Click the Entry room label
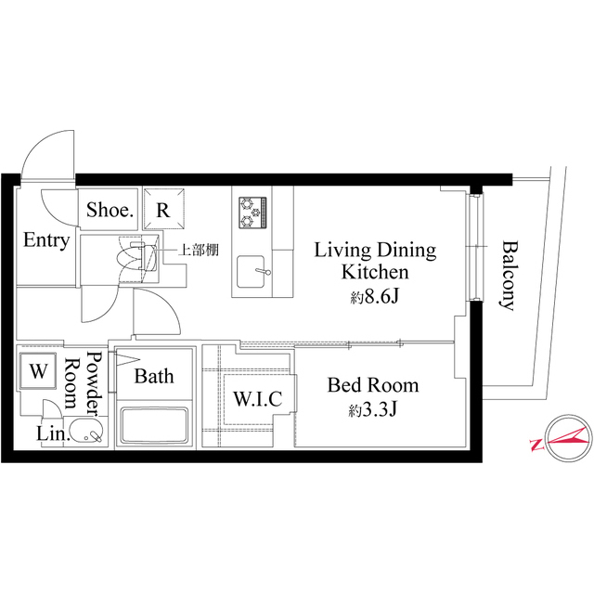coord(46,240)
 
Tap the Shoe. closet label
coord(110,210)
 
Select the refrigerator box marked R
coord(163,209)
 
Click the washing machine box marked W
coord(38,371)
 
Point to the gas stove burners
coord(252,213)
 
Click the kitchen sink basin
coord(251,272)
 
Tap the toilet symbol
coord(137,258)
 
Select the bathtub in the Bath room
coord(154,425)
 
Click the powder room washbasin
coord(86,430)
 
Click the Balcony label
coord(508,276)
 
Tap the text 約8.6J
coord(374,298)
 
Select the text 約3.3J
coord(372,409)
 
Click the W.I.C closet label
coord(258,398)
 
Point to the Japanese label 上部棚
coord(199,250)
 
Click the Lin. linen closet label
coord(53,433)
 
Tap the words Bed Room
coord(373,385)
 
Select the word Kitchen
coord(375,272)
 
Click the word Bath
coord(154,376)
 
